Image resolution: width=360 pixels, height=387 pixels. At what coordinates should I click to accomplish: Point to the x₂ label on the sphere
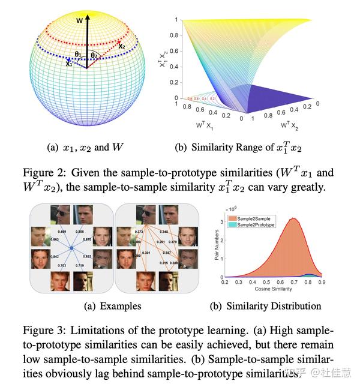tap(122, 46)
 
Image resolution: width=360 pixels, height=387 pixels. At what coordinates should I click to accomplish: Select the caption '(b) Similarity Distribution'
tap(265, 306)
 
